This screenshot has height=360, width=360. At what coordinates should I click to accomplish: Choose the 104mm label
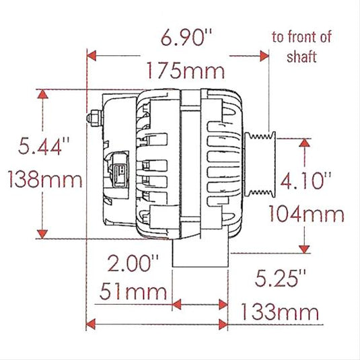[306, 214]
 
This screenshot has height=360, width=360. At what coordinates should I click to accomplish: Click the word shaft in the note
[301, 57]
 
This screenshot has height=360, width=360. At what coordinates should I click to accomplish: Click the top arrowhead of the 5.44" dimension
[44, 96]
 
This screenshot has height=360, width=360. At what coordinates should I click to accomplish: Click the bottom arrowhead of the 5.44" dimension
[44, 233]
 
